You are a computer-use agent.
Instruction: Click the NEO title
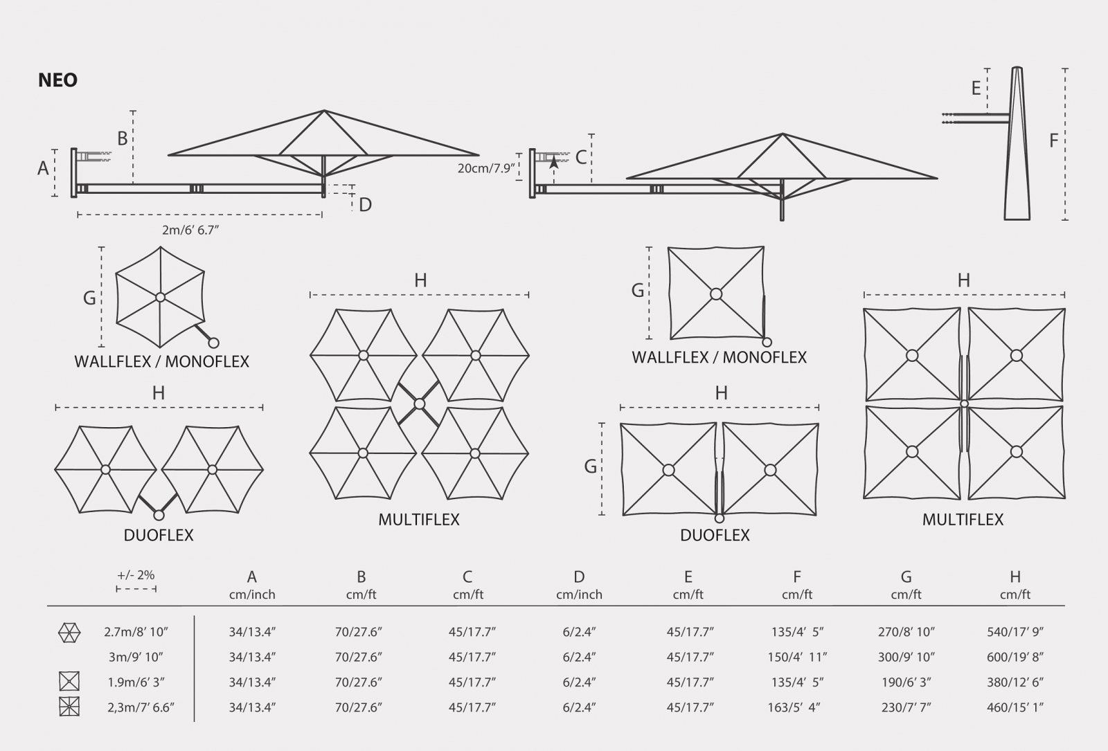(58, 80)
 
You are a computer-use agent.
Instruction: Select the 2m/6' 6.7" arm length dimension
(190, 230)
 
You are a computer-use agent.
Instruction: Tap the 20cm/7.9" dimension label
(487, 168)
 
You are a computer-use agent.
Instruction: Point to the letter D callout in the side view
(365, 204)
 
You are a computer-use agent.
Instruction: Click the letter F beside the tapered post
(1053, 141)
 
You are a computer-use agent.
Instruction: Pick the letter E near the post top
(976, 88)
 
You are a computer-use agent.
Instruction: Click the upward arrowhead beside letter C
(554, 161)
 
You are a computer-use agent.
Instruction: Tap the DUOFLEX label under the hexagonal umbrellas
(159, 535)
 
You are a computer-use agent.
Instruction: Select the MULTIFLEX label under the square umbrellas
(963, 519)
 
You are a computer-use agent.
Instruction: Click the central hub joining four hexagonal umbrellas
(420, 404)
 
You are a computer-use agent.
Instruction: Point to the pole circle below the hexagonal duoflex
(159, 515)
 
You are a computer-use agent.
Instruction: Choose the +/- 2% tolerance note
(136, 575)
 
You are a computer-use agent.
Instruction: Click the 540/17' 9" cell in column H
(1015, 632)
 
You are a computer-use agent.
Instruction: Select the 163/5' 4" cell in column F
(794, 707)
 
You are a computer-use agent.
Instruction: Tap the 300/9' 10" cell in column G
(906, 657)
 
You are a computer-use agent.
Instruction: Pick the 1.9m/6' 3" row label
(136, 682)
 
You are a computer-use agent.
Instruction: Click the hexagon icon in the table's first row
(69, 633)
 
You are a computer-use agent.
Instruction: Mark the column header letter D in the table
(579, 577)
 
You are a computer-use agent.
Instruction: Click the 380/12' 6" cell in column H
(1015, 682)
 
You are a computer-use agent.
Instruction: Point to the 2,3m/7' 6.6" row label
(141, 707)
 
